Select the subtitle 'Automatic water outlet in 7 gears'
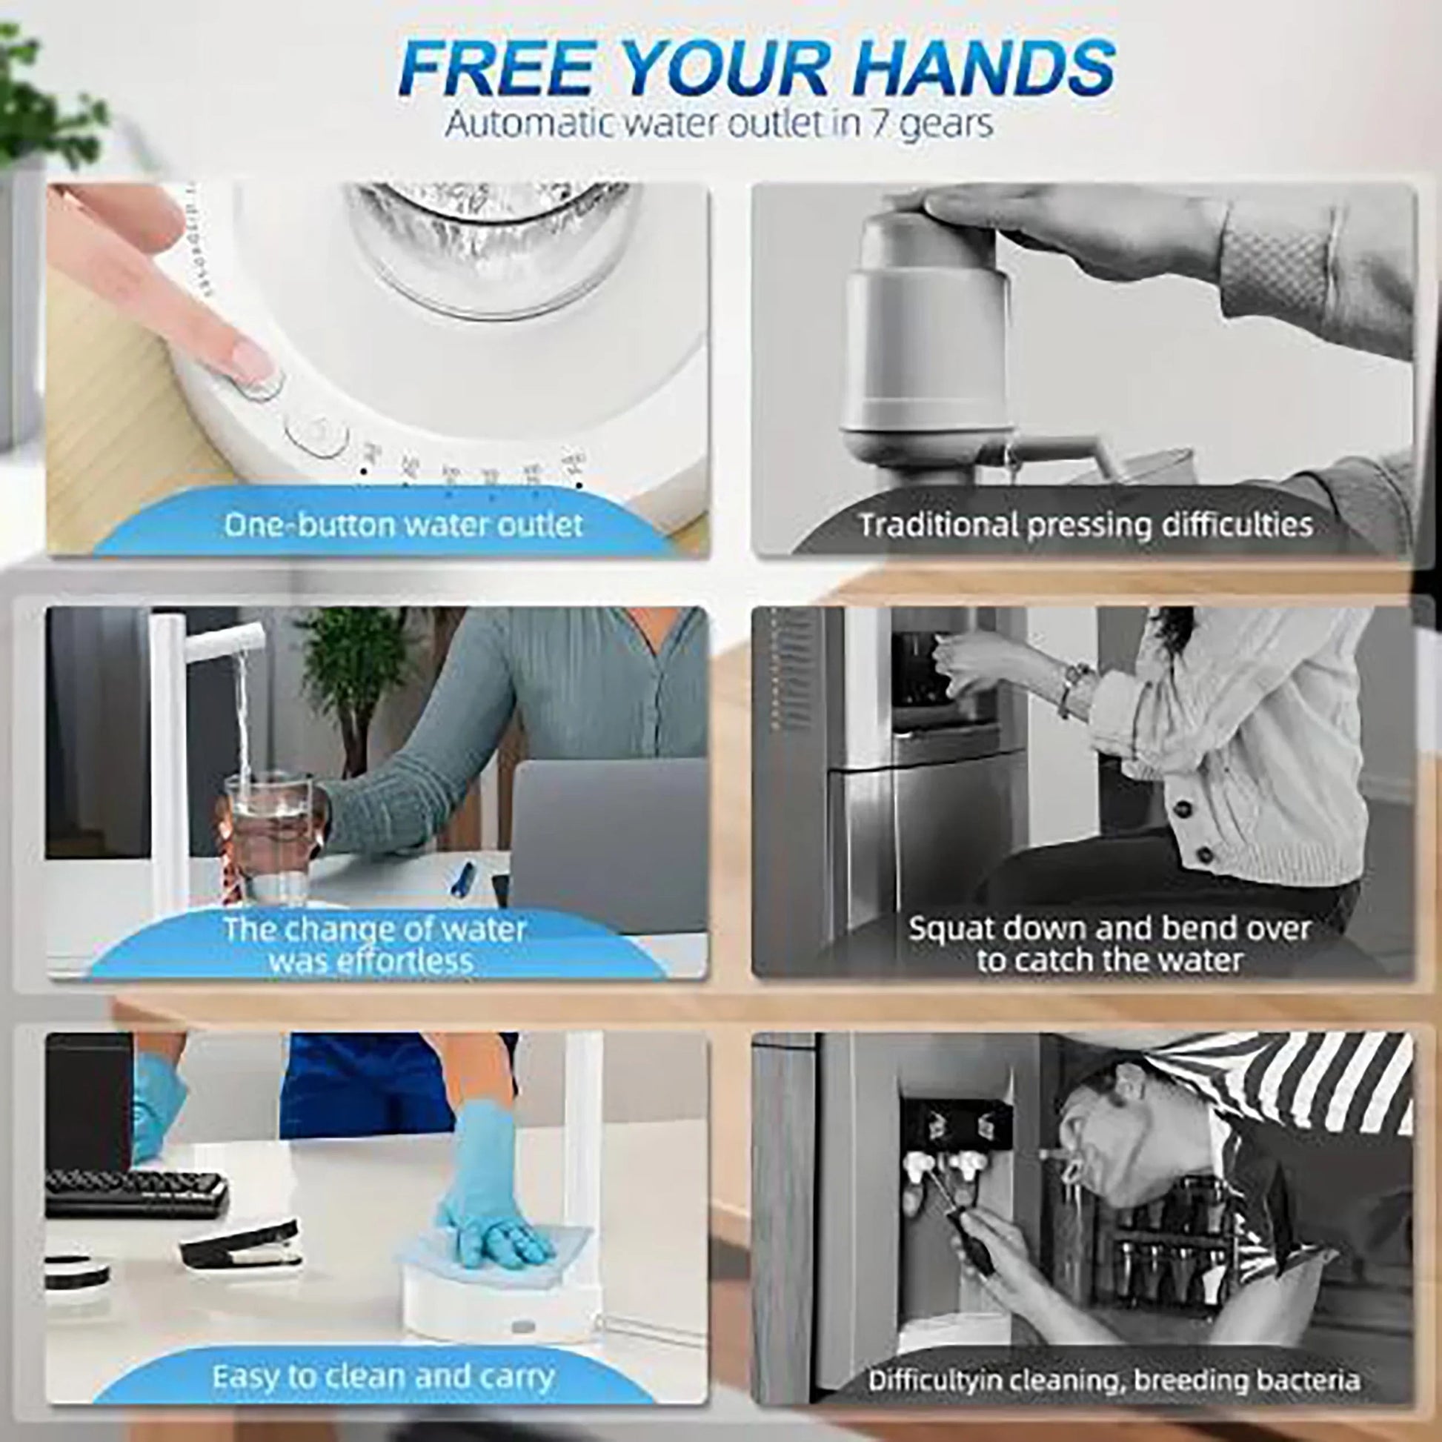point(719,124)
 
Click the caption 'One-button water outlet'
point(403,525)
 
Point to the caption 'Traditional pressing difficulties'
point(1086,525)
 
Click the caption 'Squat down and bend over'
point(1109,929)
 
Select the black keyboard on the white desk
point(134,1192)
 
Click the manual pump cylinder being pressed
point(926,336)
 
